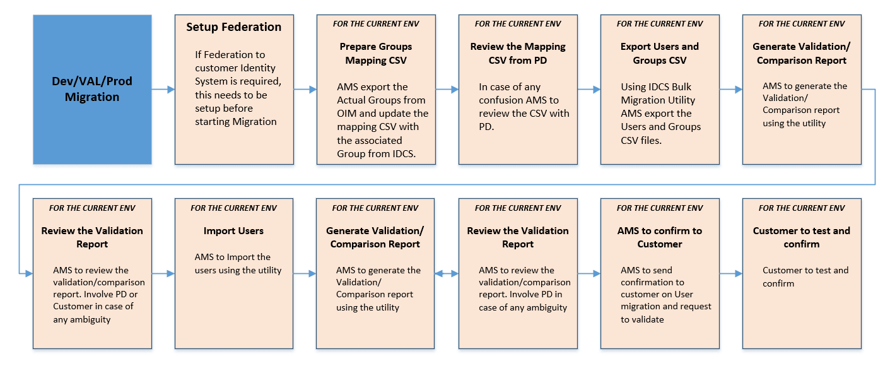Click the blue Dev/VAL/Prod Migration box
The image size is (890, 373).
coord(92,90)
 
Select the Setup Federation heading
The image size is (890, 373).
coord(233,27)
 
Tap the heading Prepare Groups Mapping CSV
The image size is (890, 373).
coord(375,54)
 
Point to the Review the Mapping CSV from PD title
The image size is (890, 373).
coord(517,54)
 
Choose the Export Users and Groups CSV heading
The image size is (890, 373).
coord(659,54)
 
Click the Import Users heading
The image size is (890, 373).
coord(233,231)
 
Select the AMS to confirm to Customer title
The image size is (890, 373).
coord(659,237)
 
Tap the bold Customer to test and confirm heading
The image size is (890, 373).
coord(801,237)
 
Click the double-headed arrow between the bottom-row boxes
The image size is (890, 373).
coord(447,274)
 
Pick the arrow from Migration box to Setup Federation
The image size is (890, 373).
coord(163,90)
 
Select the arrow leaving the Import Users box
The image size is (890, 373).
coord(305,274)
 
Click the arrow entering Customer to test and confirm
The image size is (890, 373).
coord(730,274)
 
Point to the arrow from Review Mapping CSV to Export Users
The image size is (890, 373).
coord(588,90)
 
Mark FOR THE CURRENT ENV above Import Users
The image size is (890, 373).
coord(233,208)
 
